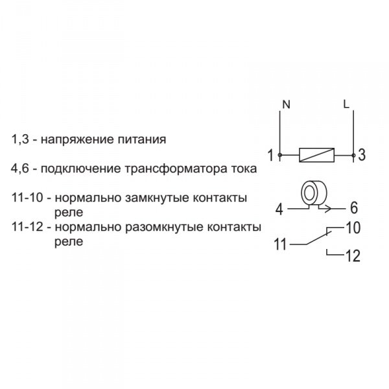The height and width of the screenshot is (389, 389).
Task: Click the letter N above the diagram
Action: pyautogui.click(x=287, y=104)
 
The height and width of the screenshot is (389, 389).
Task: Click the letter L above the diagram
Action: pyautogui.click(x=346, y=104)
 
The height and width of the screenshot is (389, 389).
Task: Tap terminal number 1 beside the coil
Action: pyautogui.click(x=270, y=155)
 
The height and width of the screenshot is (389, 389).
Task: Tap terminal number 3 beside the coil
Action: pyautogui.click(x=362, y=155)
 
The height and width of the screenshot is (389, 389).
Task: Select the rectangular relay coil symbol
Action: pyautogui.click(x=317, y=155)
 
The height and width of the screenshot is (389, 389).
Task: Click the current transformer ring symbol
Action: pyautogui.click(x=314, y=193)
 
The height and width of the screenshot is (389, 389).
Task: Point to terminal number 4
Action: pyautogui.click(x=279, y=209)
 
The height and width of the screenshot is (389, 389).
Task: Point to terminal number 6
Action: pyautogui.click(x=354, y=208)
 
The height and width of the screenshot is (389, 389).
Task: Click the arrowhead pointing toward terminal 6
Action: pyautogui.click(x=328, y=209)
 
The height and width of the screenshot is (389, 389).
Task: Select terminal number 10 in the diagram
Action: pyautogui.click(x=353, y=228)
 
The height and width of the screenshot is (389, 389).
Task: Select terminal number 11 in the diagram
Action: pyautogui.click(x=280, y=244)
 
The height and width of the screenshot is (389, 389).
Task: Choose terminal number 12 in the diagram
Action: pyautogui.click(x=353, y=256)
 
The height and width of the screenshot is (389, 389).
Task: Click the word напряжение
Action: pyautogui.click(x=77, y=139)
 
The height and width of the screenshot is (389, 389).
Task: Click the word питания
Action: pyautogui.click(x=141, y=139)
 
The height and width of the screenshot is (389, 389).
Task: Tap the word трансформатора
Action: pyautogui.click(x=176, y=169)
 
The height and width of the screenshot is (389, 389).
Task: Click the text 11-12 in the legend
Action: pyautogui.click(x=27, y=227)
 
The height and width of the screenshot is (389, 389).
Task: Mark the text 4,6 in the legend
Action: pyautogui.click(x=20, y=169)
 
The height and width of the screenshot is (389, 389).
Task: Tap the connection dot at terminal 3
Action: pyautogui.click(x=353, y=156)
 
